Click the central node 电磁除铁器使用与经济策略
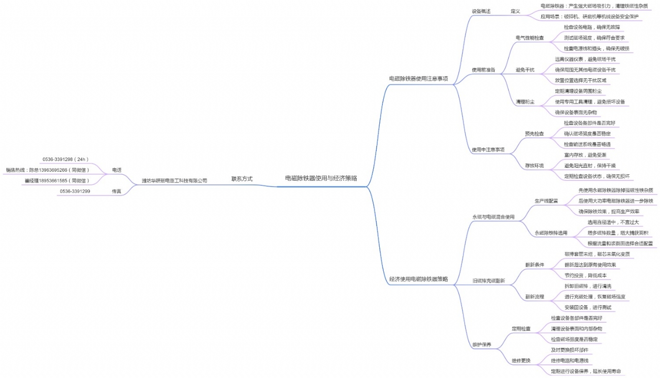pos(321,178)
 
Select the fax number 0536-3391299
pos(75,191)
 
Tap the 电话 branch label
pos(117,170)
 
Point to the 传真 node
pos(117,191)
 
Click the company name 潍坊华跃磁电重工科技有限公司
pos(175,180)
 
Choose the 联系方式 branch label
pos(242,179)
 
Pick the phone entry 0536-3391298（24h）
pos(65,159)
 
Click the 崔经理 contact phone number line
pos(57,180)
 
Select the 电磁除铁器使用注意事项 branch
pos(418,79)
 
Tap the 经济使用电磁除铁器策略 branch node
pos(418,279)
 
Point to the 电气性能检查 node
pos(530,38)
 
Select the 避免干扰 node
pos(525,70)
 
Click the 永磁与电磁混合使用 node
pos(493,217)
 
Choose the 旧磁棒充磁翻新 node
pos(489,281)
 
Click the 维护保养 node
pos(482,344)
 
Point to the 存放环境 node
pos(534,166)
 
